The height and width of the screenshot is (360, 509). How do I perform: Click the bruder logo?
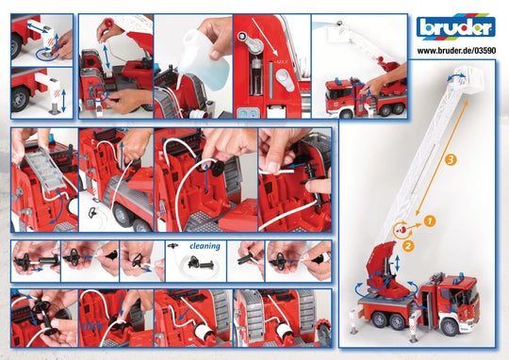pyautogui.click(x=456, y=27)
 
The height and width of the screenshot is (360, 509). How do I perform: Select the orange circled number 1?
pyautogui.click(x=428, y=221)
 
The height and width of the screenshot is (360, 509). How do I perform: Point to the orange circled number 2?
pyautogui.click(x=409, y=246)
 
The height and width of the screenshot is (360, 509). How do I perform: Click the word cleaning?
pyautogui.click(x=204, y=246)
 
